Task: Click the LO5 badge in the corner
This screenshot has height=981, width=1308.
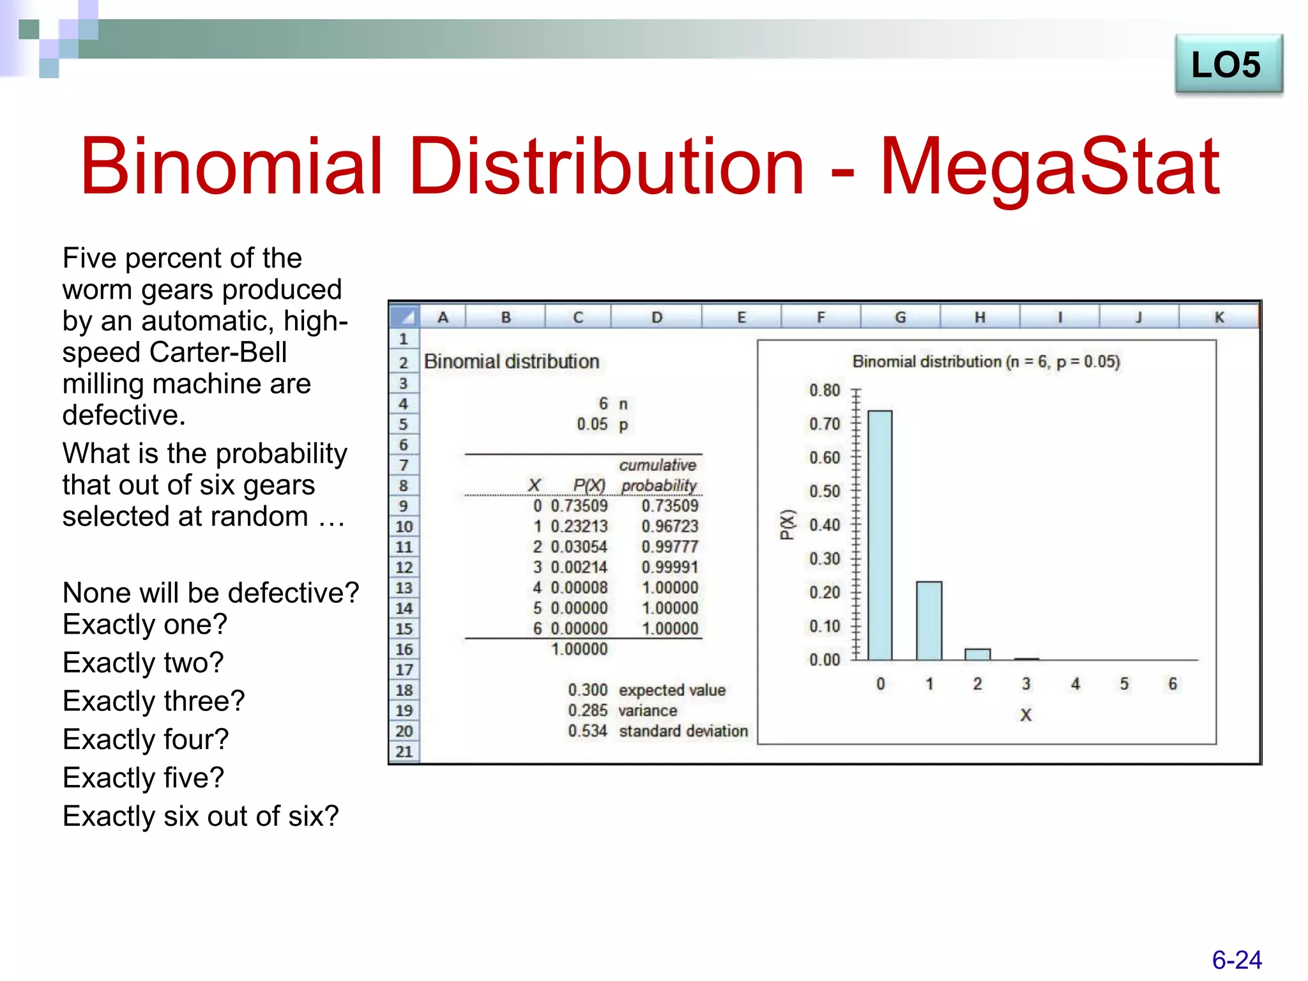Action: point(1228,65)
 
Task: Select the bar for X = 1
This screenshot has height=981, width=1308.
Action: point(929,620)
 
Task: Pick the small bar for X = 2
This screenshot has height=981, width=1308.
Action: point(977,654)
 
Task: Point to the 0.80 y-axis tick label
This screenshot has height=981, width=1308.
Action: point(824,390)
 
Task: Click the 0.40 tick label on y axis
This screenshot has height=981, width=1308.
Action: point(824,525)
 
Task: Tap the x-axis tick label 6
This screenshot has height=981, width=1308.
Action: point(1173,684)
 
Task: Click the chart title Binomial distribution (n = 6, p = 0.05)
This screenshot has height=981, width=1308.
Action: point(985,362)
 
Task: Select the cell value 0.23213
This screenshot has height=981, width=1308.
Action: point(579,526)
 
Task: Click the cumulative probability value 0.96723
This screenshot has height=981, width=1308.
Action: point(669,526)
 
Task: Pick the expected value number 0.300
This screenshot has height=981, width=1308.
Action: point(588,690)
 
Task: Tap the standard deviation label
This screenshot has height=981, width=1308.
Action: point(683,731)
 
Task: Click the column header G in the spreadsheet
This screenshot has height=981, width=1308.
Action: point(900,317)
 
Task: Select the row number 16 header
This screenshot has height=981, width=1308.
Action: point(404,649)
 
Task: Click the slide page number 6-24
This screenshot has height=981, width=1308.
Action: point(1236,960)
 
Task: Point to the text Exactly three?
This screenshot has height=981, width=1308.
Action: point(153,701)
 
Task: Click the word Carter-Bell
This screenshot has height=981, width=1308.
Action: point(218,352)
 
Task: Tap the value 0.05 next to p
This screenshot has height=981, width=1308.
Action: point(591,424)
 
